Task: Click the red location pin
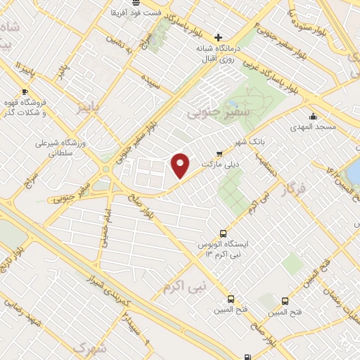181,165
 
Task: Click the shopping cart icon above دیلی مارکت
219,153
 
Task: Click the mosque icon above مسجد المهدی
312,117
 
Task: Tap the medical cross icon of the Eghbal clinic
219,37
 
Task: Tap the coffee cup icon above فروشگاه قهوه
25,91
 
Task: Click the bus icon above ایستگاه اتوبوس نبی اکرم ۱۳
223,233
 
